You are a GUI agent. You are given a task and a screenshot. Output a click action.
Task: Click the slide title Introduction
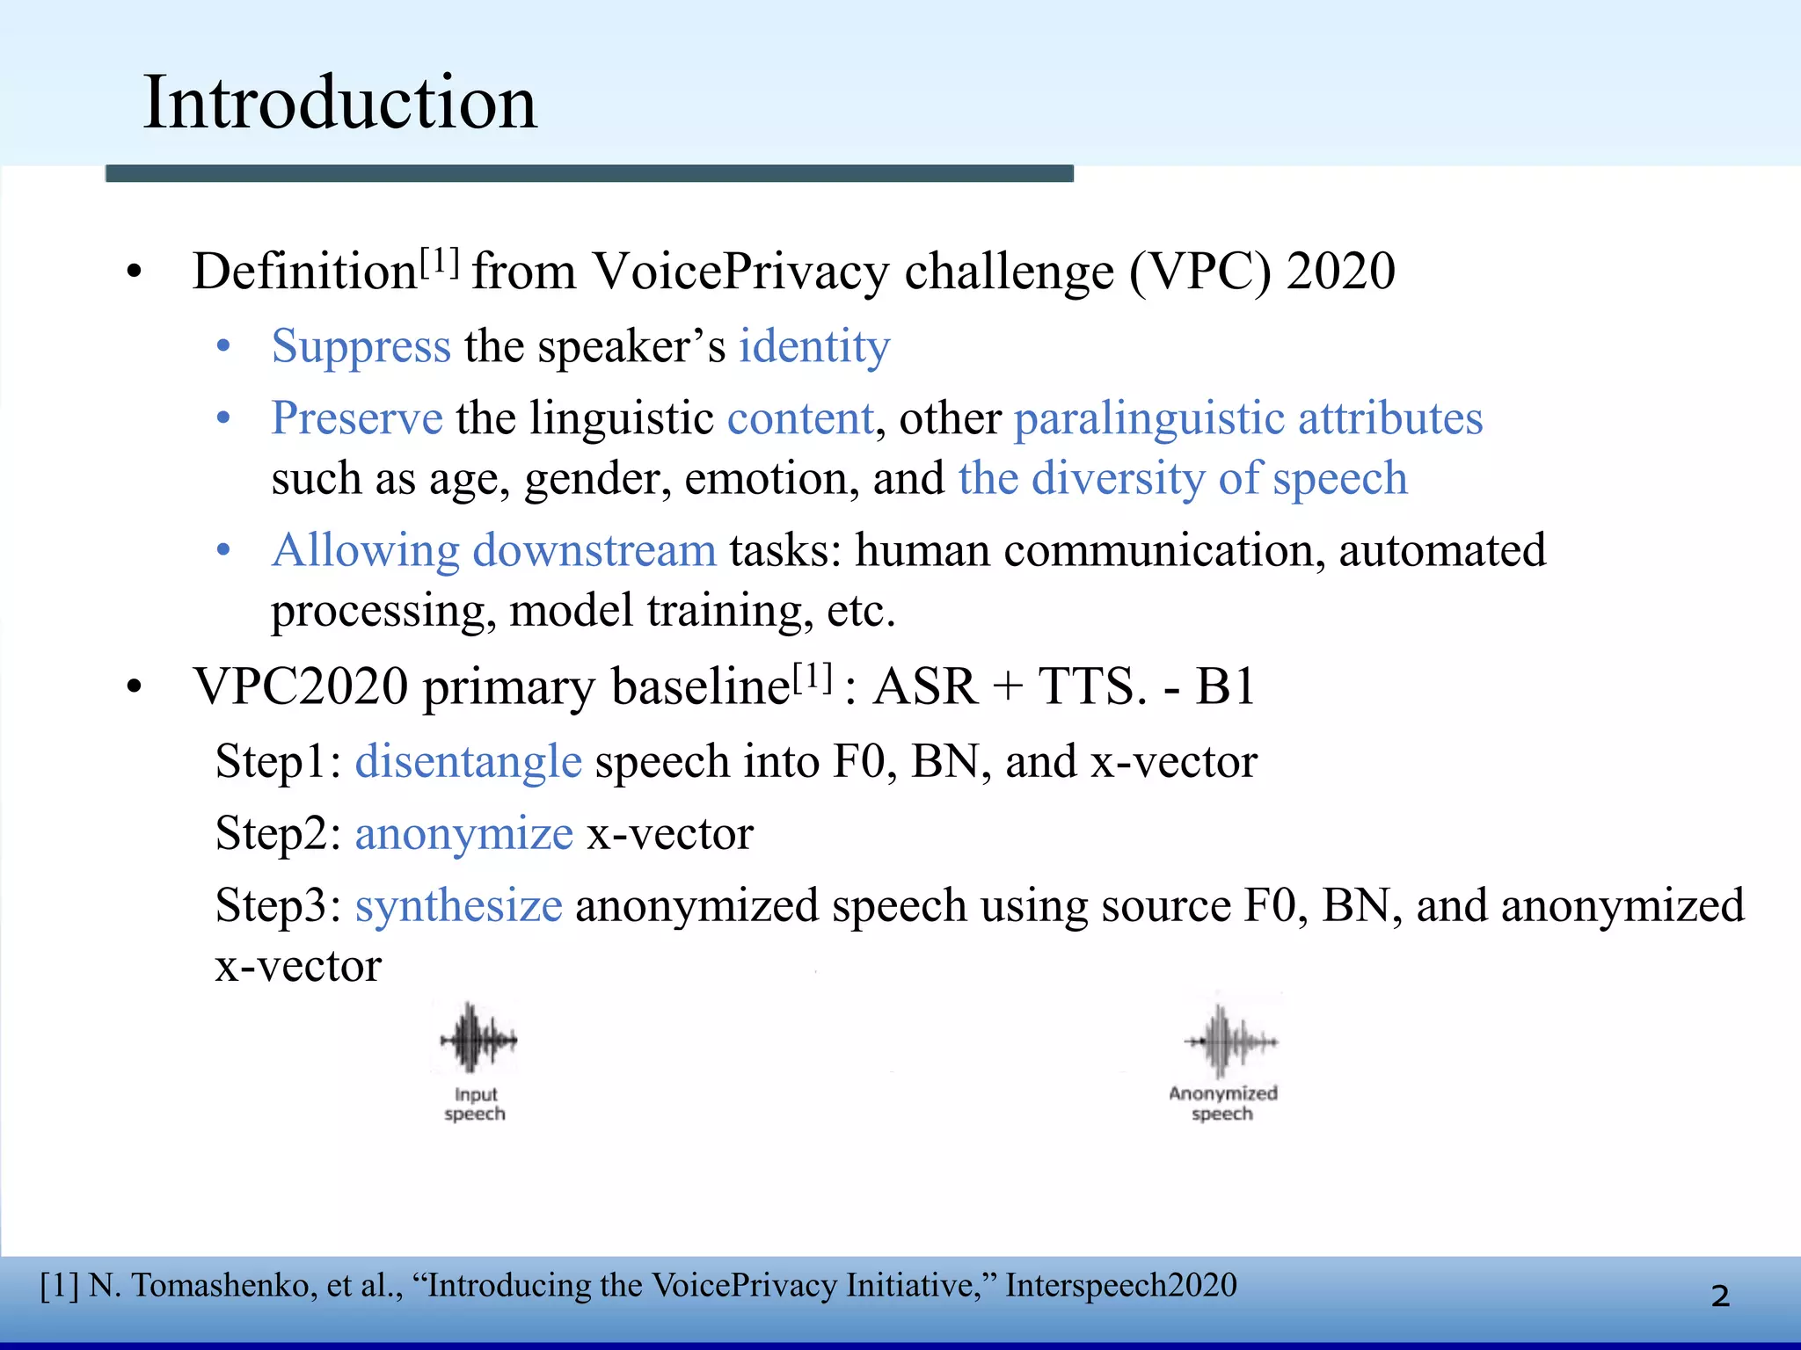(339, 103)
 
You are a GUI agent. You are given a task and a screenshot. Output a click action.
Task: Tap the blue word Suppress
(361, 346)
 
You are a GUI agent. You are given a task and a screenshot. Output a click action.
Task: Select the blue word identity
(813, 346)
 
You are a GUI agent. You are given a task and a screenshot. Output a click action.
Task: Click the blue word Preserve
(357, 418)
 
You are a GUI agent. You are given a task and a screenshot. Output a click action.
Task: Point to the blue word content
(800, 418)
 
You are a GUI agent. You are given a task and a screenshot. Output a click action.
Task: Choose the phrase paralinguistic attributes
(1248, 418)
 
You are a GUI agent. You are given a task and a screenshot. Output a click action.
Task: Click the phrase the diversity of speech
(1183, 479)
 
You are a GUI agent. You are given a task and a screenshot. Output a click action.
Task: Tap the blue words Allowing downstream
(494, 551)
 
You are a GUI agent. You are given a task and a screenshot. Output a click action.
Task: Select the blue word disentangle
(468, 761)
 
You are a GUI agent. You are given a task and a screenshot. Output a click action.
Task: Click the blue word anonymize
(463, 833)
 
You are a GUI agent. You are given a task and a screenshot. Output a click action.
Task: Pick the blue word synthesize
(458, 905)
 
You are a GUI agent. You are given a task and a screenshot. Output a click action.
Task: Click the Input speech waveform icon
(478, 1040)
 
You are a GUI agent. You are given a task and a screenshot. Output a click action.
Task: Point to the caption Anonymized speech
(1222, 1104)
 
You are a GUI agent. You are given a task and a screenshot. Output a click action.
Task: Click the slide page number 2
(1720, 1296)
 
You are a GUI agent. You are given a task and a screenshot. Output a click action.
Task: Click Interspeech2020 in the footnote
(1121, 1286)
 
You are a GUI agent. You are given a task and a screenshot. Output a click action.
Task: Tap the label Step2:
(278, 833)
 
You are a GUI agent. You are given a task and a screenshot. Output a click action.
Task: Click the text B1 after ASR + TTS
(1225, 687)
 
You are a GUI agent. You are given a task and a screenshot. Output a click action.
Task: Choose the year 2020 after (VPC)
(1340, 272)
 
